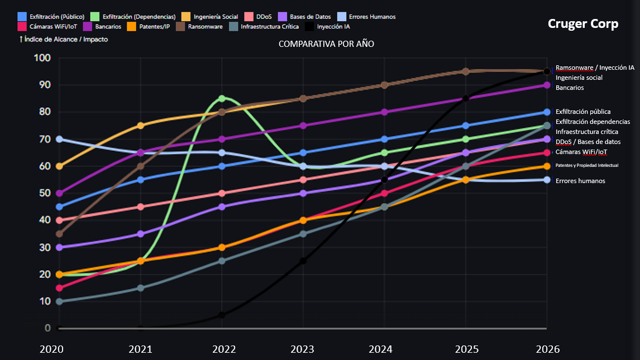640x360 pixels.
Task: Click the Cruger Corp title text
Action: (582, 24)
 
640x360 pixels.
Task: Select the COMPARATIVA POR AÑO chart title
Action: (326, 44)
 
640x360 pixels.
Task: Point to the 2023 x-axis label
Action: (303, 349)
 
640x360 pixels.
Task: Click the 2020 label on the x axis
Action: (52, 349)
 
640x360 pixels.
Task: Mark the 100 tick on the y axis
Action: (42, 58)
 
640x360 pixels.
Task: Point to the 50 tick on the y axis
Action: (43, 193)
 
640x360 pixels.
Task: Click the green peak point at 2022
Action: (222, 98)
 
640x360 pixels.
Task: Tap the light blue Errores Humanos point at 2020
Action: (60, 139)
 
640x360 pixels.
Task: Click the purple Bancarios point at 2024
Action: (384, 112)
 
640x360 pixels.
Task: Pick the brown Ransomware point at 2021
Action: (141, 166)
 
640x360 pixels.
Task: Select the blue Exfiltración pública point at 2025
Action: (466, 126)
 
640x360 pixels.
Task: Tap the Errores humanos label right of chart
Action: (580, 181)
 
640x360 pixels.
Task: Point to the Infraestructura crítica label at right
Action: (586, 132)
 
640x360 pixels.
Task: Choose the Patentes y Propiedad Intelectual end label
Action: (586, 166)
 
